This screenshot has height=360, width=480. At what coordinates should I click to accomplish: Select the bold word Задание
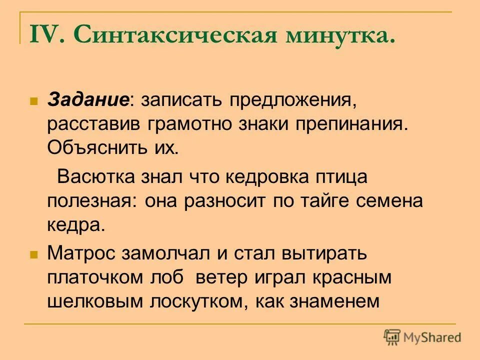(x=89, y=99)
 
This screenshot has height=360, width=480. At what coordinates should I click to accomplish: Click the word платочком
(x=92, y=277)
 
